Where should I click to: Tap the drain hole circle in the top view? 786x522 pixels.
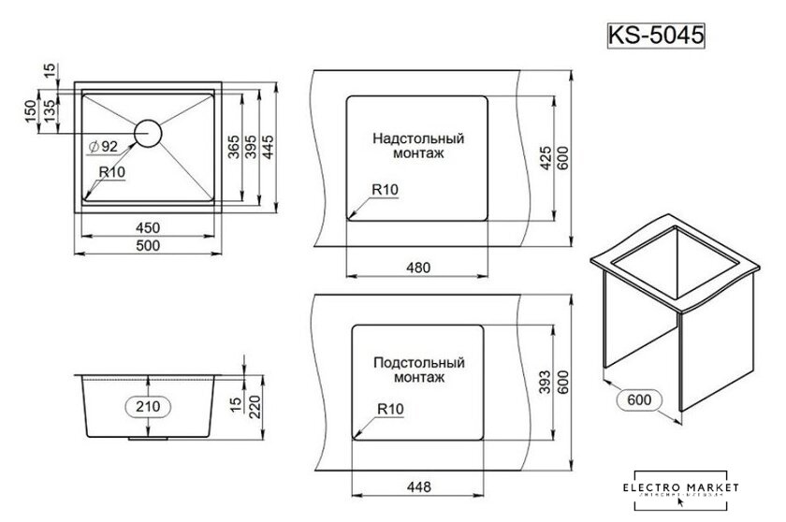point(148,133)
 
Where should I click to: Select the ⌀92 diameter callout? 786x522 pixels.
point(102,147)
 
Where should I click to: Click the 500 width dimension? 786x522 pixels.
point(147,245)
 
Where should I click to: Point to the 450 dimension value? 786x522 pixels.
point(147,227)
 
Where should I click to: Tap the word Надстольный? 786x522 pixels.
point(418,138)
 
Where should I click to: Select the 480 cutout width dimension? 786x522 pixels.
point(417,268)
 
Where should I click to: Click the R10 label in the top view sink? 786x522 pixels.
point(112,172)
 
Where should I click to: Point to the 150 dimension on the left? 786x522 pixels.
point(30,110)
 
